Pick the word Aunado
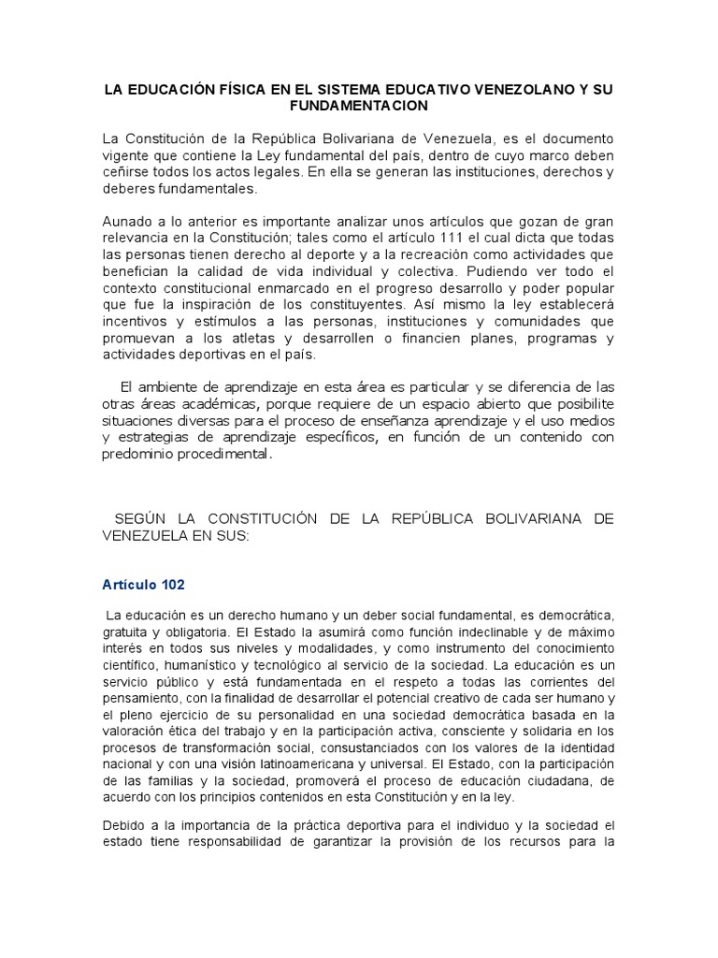(125, 223)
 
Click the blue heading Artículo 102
(144, 585)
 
